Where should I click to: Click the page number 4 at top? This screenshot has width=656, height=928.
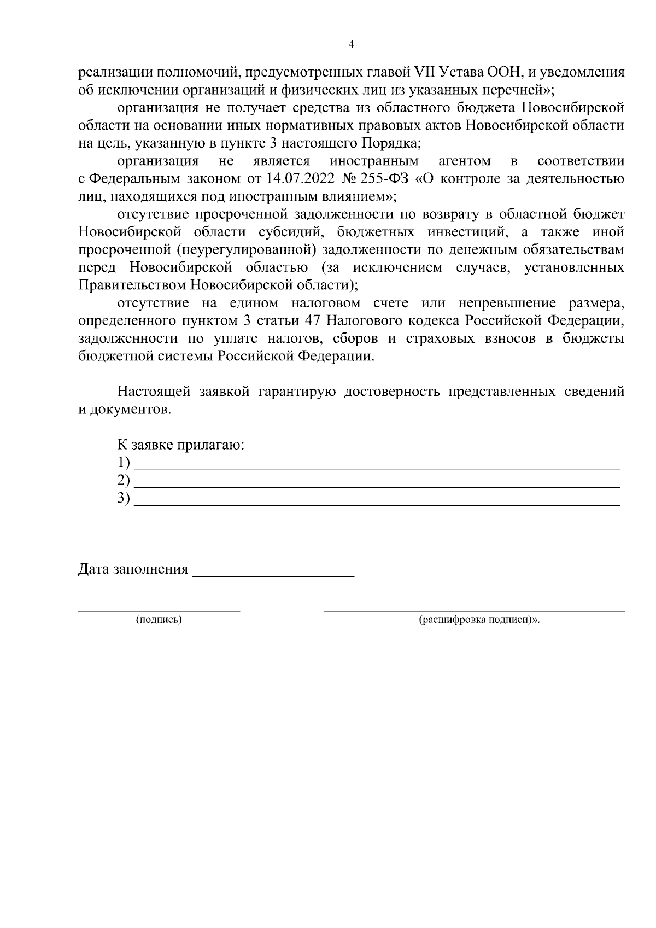(351, 44)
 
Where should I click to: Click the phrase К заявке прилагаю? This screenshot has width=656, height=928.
(181, 445)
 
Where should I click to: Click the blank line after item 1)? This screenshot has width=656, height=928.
(377, 468)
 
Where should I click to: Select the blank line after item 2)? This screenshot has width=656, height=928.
(377, 485)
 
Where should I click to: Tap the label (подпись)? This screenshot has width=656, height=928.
(159, 620)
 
